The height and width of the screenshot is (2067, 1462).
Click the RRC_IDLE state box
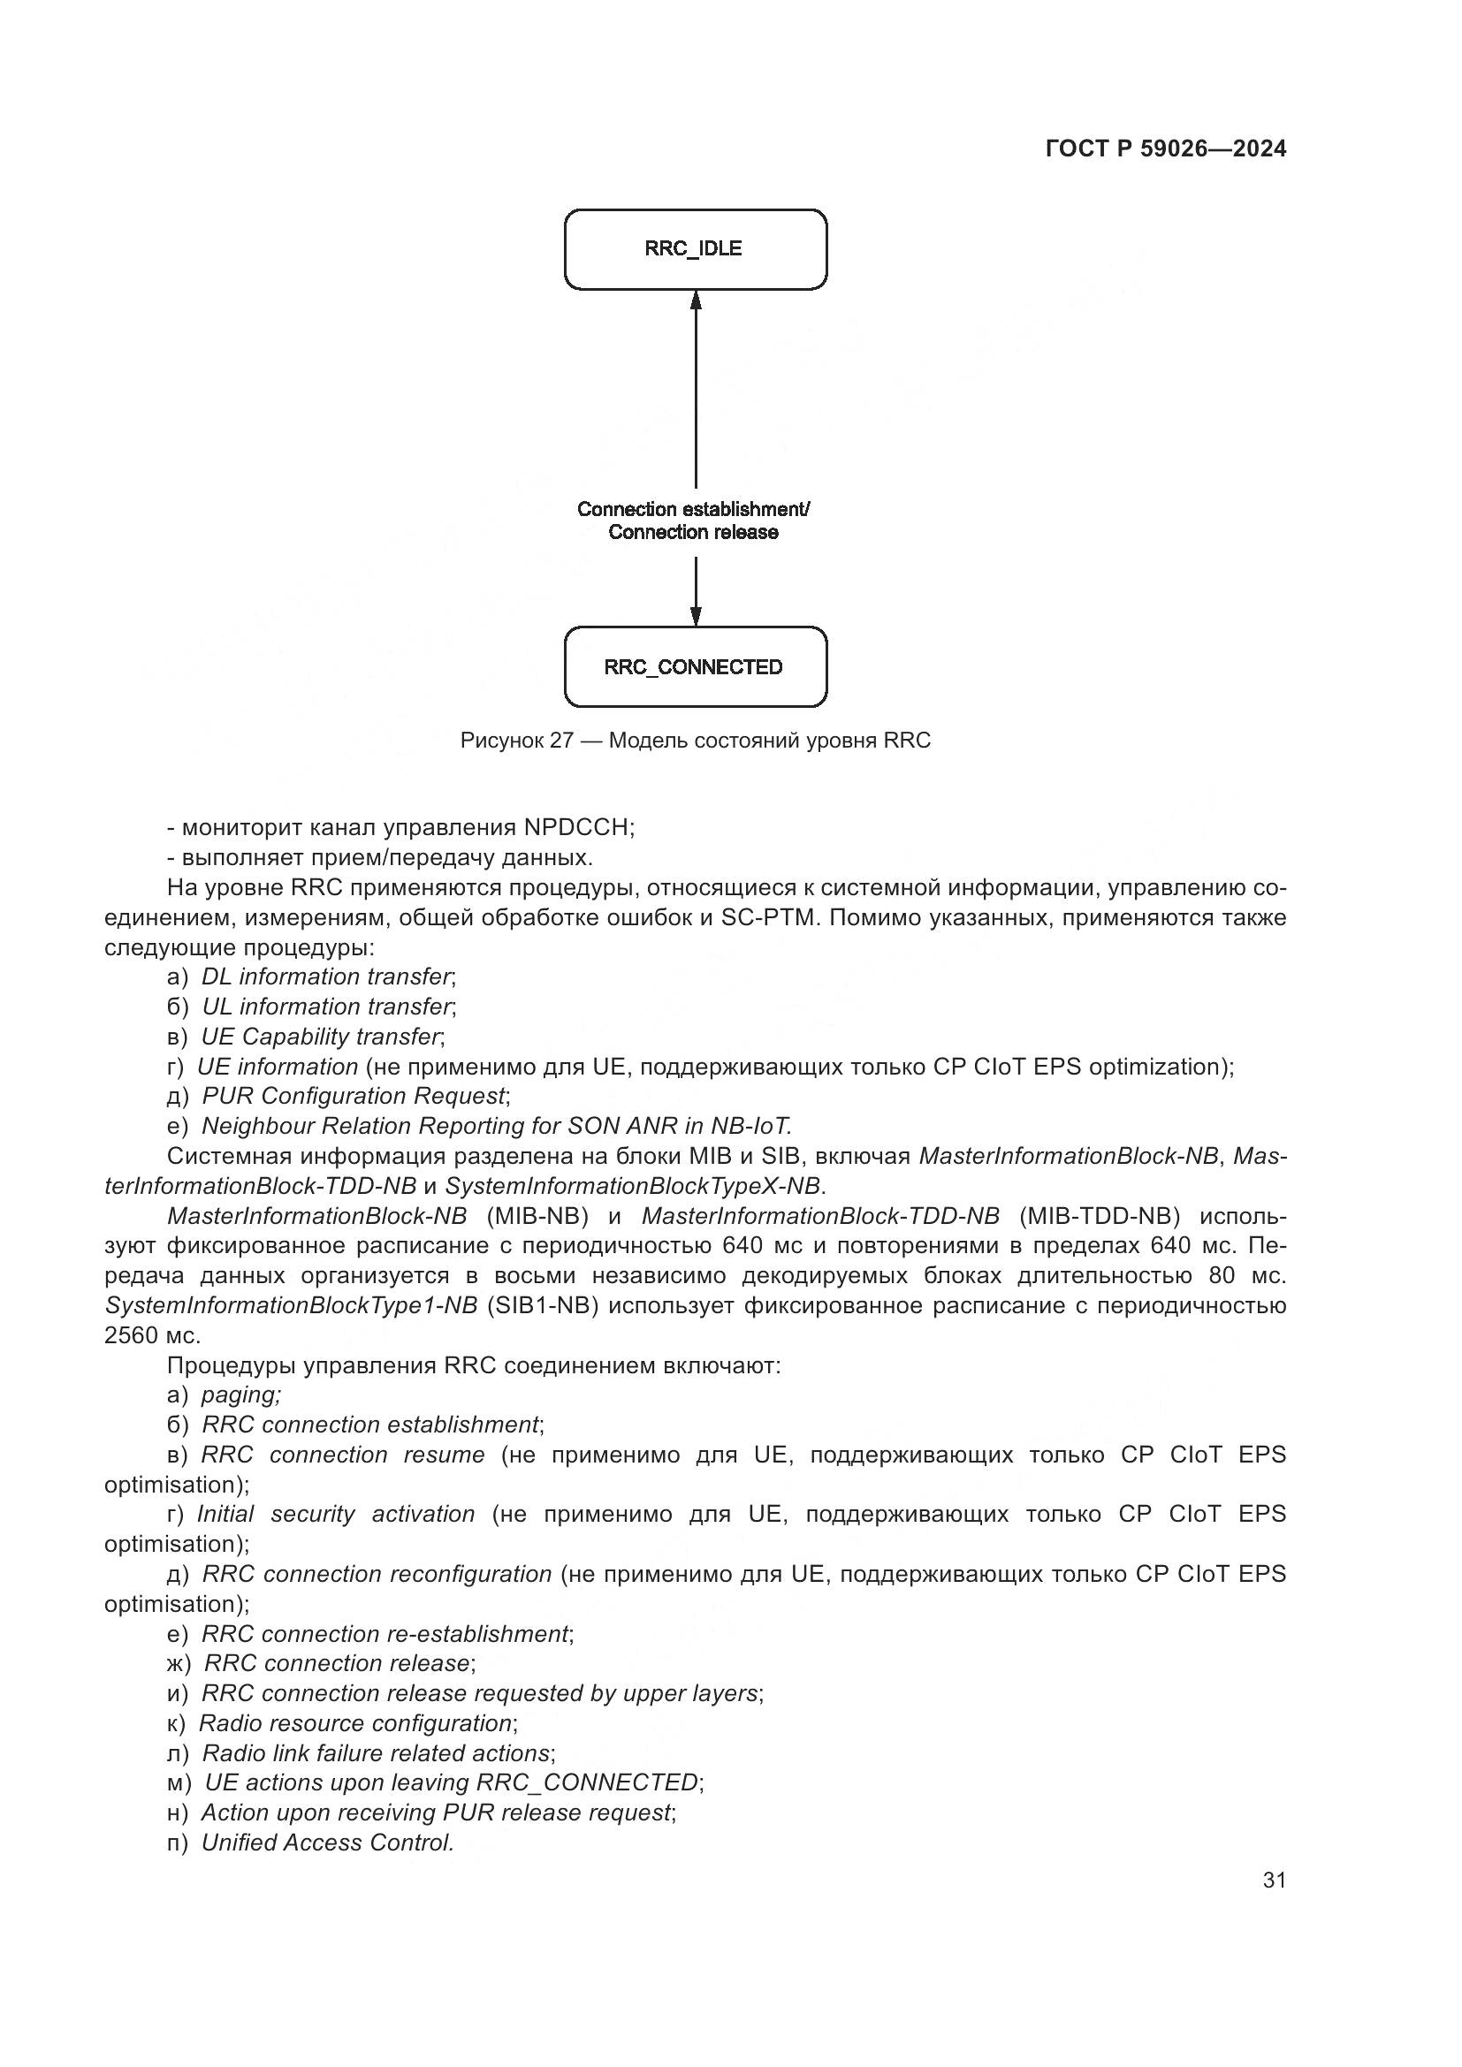tap(695, 249)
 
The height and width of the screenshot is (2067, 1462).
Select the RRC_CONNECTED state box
tap(695, 667)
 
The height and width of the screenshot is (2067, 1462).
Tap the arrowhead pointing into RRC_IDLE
tap(696, 300)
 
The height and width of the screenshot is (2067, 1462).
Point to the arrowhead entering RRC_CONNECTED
tap(696, 616)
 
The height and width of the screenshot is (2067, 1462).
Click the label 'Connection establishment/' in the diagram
tap(693, 510)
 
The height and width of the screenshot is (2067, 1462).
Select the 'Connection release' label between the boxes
tap(693, 532)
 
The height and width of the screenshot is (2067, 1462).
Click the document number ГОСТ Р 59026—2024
tap(1166, 148)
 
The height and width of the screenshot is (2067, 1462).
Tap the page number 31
tap(1275, 1881)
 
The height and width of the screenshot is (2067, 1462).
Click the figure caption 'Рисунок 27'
tap(517, 741)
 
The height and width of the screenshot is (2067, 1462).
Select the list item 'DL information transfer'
tap(325, 977)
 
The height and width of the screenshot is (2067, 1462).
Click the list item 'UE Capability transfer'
tap(321, 1037)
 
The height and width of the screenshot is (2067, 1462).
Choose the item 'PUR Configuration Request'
tap(354, 1097)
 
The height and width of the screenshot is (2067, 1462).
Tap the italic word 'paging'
tap(240, 1395)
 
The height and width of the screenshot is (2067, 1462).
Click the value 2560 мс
tap(152, 1336)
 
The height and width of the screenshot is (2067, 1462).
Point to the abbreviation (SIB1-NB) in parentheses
tap(543, 1306)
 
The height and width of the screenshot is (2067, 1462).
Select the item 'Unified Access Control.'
tap(328, 1843)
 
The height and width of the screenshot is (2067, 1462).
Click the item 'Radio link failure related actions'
tap(377, 1753)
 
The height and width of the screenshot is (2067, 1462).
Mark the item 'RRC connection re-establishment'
tap(385, 1634)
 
